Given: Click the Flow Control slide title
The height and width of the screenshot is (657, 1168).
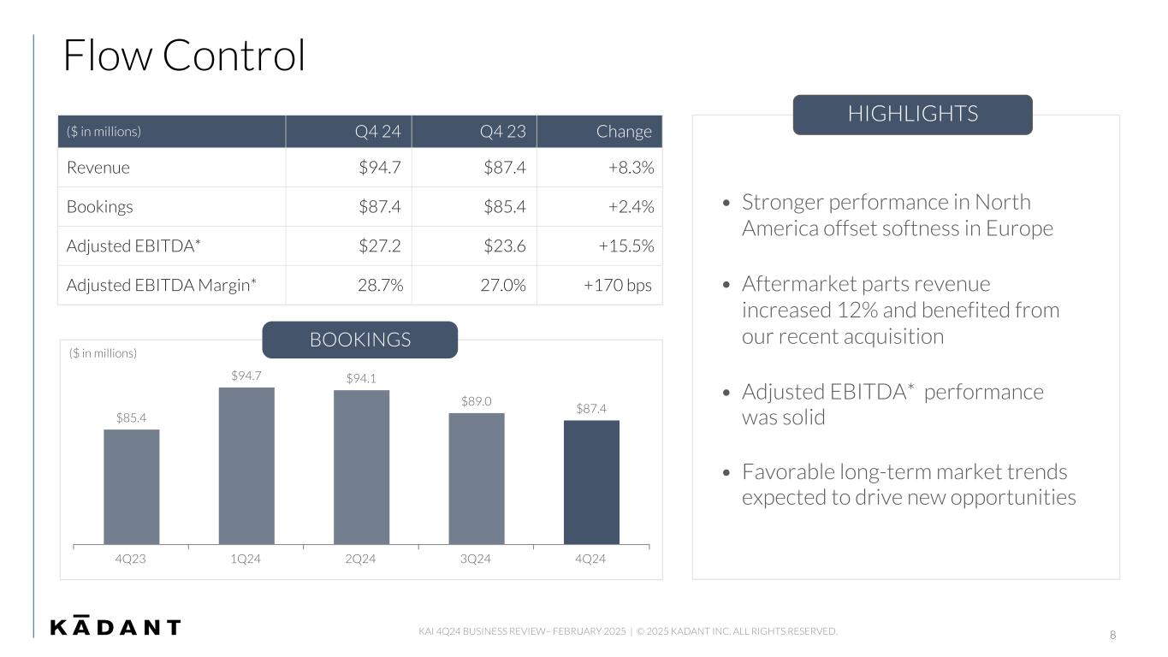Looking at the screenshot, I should pos(184,56).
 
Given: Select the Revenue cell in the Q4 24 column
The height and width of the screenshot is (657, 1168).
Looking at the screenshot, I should pos(380,168).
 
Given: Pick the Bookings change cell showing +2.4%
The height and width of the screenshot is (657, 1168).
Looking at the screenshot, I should pos(631,207).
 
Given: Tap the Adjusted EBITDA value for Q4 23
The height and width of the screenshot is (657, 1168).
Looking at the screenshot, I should pos(504,246).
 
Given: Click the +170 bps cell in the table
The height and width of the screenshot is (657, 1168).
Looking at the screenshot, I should pos(617,286).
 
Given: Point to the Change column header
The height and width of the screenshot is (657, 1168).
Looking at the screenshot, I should pos(624,132).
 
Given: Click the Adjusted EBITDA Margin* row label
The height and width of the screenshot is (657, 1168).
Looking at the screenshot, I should pos(162,286).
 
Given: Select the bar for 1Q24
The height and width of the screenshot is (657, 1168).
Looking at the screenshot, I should pos(246,465).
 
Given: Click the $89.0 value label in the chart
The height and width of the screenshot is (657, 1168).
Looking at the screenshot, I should pos(476,401).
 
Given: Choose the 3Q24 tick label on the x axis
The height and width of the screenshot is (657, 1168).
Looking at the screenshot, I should pos(476,559).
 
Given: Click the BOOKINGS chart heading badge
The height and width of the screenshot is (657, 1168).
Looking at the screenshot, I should pos(359,340).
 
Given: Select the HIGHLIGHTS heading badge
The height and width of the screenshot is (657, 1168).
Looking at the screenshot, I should pos(912,115).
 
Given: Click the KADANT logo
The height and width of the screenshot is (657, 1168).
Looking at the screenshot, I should pos(116,626).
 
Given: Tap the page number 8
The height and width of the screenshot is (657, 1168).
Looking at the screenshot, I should pos(1112,635).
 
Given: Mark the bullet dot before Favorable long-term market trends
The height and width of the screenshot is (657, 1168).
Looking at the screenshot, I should pos(726,473).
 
